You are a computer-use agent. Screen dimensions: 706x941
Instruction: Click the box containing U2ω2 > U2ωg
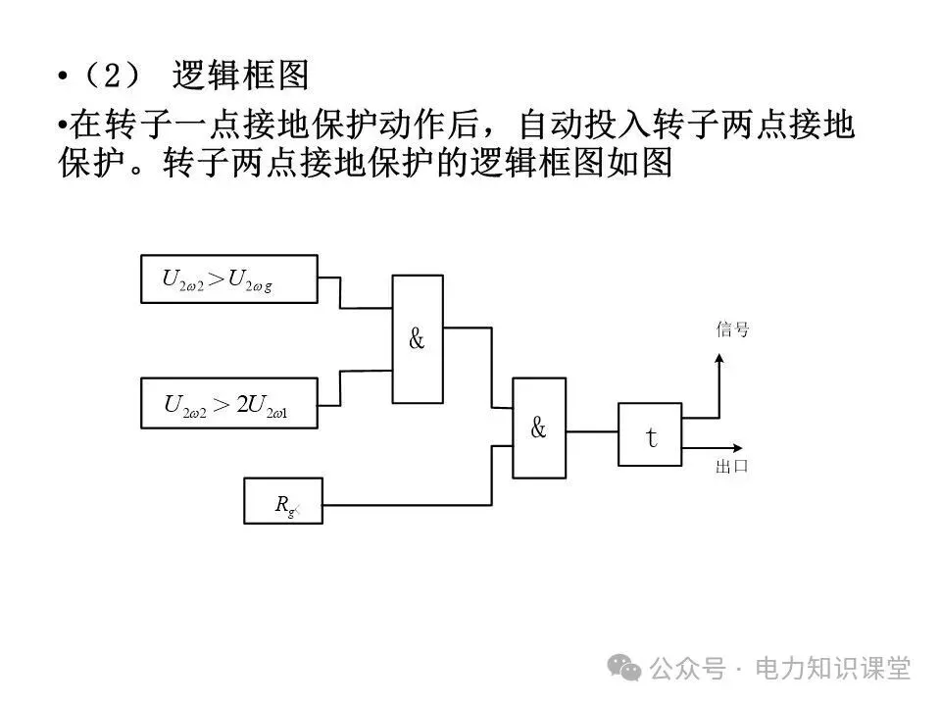pyautogui.click(x=229, y=279)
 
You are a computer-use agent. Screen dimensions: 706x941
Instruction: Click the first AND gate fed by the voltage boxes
pyautogui.click(x=417, y=338)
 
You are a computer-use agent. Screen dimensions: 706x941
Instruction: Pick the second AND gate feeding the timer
pyautogui.click(x=539, y=429)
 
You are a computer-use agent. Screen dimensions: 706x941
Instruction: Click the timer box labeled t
pyautogui.click(x=650, y=434)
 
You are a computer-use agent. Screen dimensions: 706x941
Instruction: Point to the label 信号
pyautogui.click(x=732, y=330)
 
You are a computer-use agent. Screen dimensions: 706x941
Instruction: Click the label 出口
pyautogui.click(x=732, y=466)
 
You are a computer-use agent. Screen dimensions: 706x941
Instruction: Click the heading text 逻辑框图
pyautogui.click(x=240, y=76)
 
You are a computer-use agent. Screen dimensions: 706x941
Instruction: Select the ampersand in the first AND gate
pyautogui.click(x=417, y=340)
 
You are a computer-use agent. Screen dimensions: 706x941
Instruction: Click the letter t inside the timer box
pyautogui.click(x=650, y=436)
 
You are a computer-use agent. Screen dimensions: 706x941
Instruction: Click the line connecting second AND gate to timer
pyautogui.click(x=592, y=429)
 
